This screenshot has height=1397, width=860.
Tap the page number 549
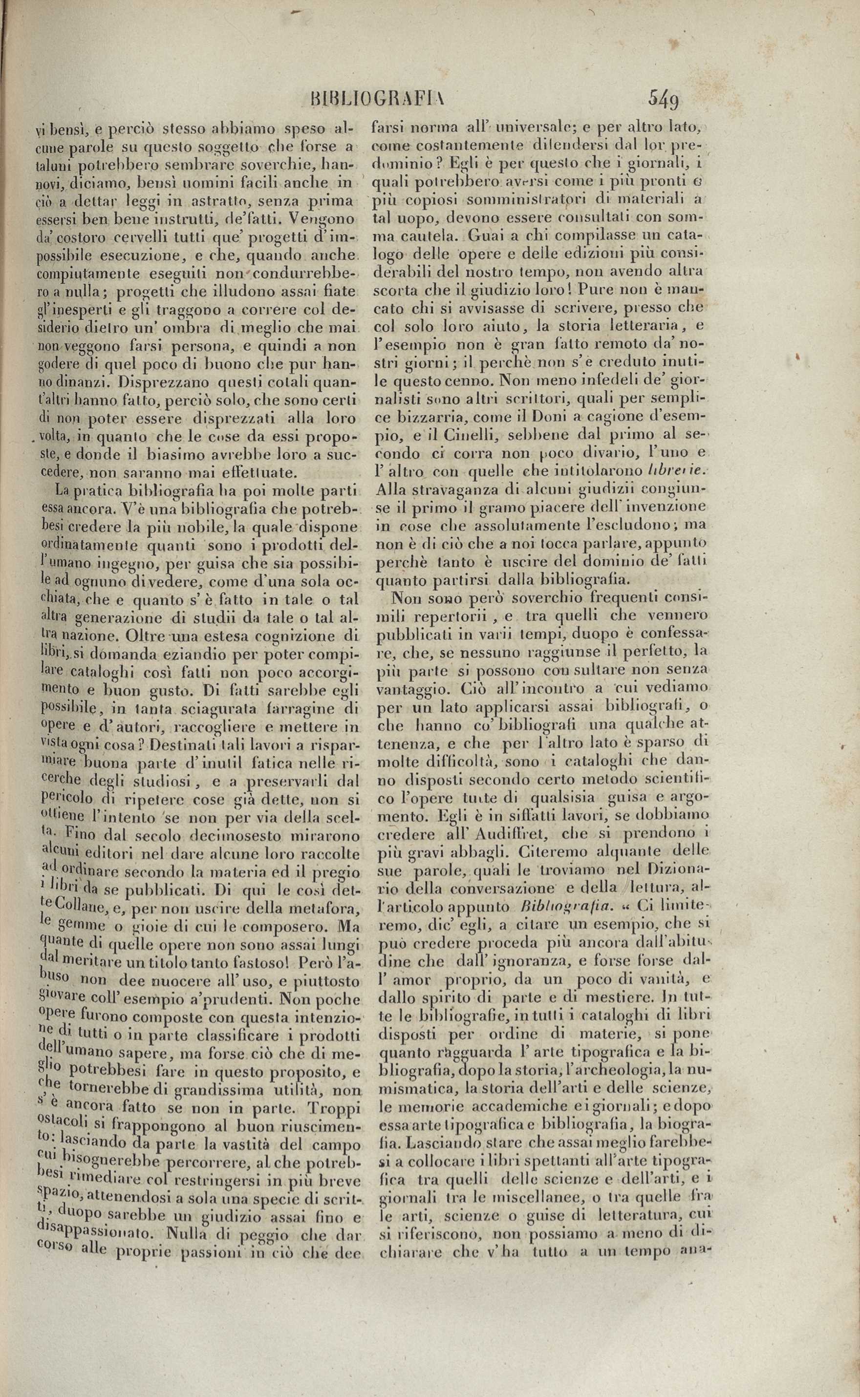663,100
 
